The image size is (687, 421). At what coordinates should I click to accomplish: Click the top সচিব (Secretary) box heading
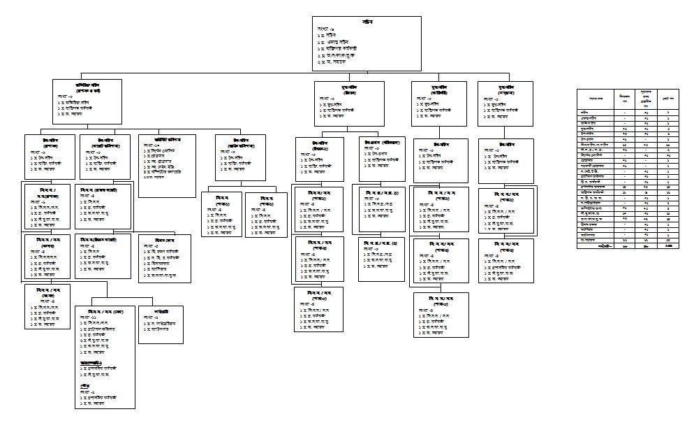click(x=368, y=22)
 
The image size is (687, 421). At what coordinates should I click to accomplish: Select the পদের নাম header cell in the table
click(x=593, y=96)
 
